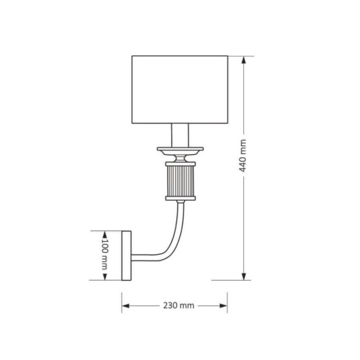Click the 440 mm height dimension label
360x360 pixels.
coord(243,156)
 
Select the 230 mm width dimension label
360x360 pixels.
coord(179,305)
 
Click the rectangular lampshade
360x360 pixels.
coord(180,90)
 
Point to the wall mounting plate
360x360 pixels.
coord(127,256)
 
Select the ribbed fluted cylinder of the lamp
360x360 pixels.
coord(180,181)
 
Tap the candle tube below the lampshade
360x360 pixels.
coord(180,135)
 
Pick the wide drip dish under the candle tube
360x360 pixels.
coord(180,151)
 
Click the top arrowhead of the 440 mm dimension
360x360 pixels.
coord(244,60)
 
